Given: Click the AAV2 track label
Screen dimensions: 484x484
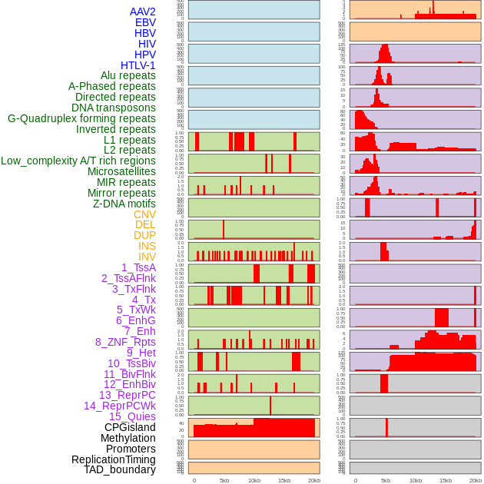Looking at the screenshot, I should (143, 12).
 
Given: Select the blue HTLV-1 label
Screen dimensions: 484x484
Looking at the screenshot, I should (138, 65).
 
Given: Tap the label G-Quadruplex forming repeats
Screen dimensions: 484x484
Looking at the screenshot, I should (81, 119).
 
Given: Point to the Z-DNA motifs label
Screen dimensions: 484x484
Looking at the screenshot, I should (124, 204).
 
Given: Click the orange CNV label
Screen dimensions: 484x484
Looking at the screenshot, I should (144, 214).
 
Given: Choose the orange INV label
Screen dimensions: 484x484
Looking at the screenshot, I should (147, 257).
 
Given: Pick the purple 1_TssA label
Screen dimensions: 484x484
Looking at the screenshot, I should (138, 267).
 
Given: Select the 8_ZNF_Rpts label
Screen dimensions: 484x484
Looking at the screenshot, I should (125, 342).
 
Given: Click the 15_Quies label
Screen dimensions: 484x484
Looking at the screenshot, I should (132, 416).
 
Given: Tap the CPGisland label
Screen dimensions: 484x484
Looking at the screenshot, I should (130, 427).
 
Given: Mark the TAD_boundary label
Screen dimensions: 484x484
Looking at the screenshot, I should (120, 469).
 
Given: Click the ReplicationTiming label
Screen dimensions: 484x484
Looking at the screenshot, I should (113, 459).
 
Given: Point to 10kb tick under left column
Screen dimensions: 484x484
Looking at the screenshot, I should (254, 480).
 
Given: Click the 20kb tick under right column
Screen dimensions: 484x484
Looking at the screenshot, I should (476, 480).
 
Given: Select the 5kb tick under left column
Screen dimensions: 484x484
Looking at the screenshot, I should (224, 480).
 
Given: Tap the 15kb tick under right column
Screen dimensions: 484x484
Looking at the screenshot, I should (446, 480).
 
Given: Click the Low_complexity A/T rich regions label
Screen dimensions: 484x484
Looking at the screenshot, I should (78, 161).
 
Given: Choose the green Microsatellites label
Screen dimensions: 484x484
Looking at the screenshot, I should (121, 171).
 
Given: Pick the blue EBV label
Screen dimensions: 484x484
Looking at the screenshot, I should (145, 22).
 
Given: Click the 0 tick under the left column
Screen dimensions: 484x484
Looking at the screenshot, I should (194, 480).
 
